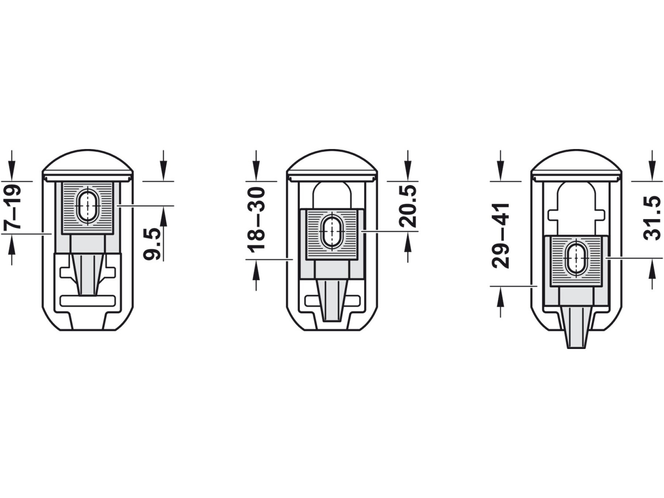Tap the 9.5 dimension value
[152, 244]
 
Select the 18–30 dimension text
[256, 220]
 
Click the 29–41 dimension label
[501, 235]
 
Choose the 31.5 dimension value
[652, 218]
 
